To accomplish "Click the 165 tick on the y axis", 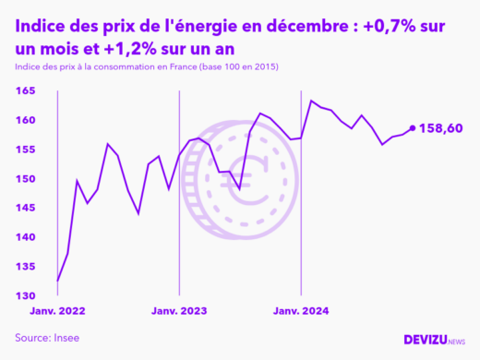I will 25,90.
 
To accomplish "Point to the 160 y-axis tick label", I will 25,120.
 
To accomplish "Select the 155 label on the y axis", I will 25,150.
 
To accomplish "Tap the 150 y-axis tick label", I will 25,179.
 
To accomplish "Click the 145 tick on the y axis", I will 25,208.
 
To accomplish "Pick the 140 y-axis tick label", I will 25,237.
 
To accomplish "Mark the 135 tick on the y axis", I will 25,267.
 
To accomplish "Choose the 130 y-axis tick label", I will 25,296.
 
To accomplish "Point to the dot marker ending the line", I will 413,128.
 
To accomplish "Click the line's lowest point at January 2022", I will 57,282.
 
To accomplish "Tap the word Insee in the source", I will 66,338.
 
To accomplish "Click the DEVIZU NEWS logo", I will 435,340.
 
